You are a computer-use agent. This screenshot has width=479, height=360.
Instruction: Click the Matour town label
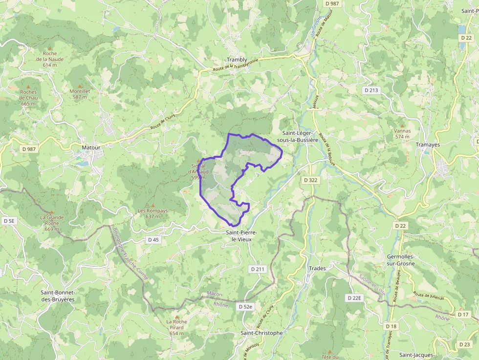pyautogui.click(x=91, y=147)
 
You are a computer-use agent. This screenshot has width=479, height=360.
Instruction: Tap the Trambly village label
pyautogui.click(x=237, y=60)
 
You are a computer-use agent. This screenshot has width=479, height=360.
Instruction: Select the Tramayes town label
pyautogui.click(x=428, y=145)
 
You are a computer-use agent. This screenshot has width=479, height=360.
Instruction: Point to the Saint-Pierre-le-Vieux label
pyautogui.click(x=241, y=236)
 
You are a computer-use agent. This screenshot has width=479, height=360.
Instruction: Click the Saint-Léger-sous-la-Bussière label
pyautogui.click(x=297, y=136)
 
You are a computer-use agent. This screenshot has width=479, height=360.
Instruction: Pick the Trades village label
pyautogui.click(x=318, y=268)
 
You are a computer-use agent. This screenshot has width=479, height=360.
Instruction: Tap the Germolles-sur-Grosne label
pyautogui.click(x=400, y=260)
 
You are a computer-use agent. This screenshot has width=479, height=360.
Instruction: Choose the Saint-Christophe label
pyautogui.click(x=261, y=333)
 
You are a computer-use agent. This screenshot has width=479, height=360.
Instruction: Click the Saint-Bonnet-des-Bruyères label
pyautogui.click(x=58, y=296)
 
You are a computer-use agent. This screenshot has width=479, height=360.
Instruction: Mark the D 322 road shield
pyautogui.click(x=310, y=180)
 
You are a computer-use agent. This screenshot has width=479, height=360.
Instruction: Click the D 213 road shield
pyautogui.click(x=371, y=90)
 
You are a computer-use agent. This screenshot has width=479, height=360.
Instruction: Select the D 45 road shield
pyautogui.click(x=153, y=240)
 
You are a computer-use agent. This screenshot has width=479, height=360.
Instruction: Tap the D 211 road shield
pyautogui.click(x=257, y=269)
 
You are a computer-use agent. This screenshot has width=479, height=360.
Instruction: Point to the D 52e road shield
pyautogui.click(x=246, y=307)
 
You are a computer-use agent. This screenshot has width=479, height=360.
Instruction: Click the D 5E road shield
pyautogui.click(x=9, y=221)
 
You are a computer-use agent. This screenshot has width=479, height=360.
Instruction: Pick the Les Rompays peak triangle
pyautogui.click(x=152, y=205)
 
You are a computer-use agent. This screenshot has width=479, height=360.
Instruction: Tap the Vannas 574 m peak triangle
pyautogui.click(x=402, y=126)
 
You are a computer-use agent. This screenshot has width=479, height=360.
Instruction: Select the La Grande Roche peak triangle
pyautogui.click(x=52, y=212)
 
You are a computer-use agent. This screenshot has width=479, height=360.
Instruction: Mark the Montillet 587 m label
pyautogui.click(x=80, y=94)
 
